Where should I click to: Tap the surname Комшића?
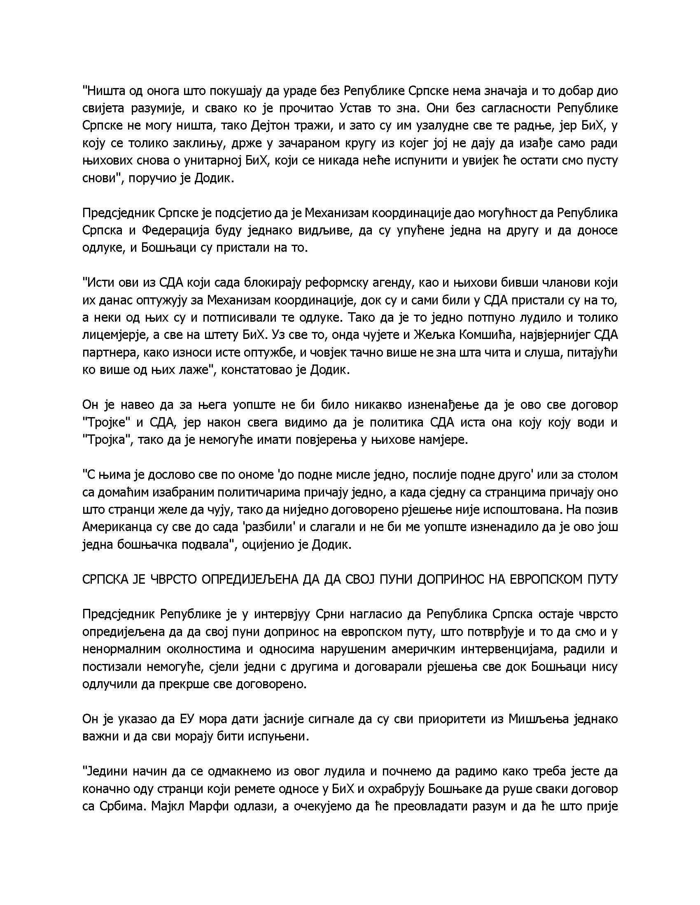[482, 335]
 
